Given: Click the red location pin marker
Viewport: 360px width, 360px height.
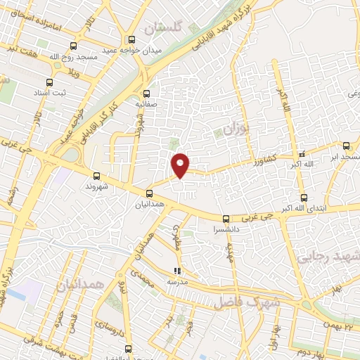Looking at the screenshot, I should pos(181,165).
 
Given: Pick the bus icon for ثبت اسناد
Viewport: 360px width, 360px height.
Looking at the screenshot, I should pos(49,82).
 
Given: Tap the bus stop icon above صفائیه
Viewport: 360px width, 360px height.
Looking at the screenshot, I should pos(146,94).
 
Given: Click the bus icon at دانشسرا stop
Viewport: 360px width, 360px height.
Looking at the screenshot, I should pos(226,219).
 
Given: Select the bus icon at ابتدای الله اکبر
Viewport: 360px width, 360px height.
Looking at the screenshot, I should pos(304,198).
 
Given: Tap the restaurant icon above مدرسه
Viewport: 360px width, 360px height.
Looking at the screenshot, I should pos(178,271).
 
